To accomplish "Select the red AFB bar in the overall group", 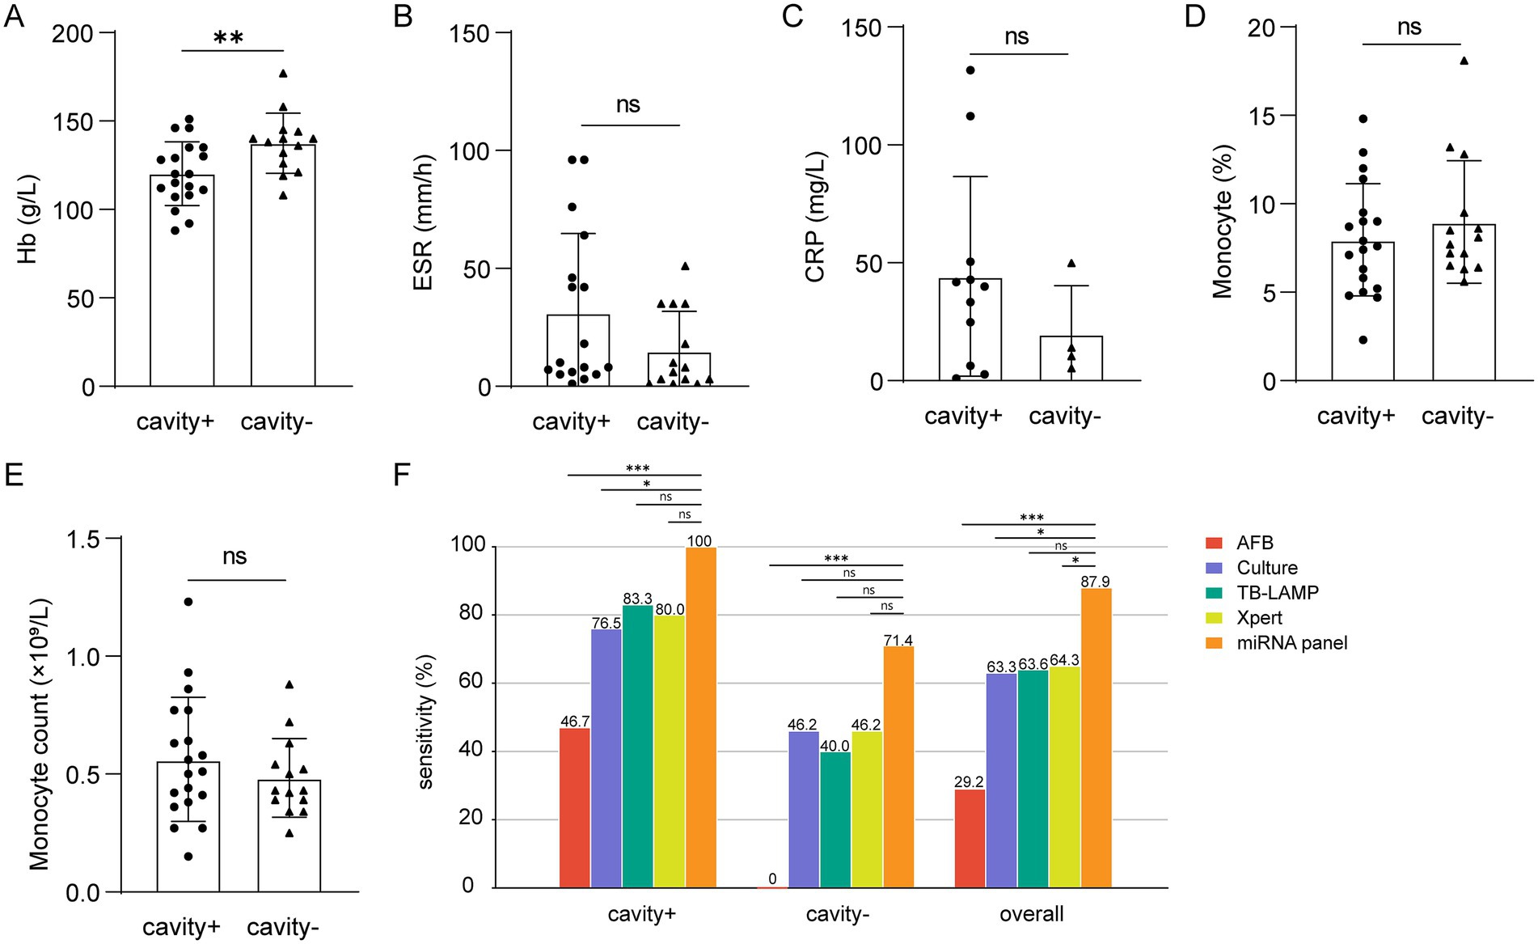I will (x=970, y=838).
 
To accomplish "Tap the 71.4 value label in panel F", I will (x=898, y=641).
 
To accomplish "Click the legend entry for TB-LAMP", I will (x=1278, y=593).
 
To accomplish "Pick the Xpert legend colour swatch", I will (x=1213, y=618).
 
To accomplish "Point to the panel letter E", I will (x=14, y=475).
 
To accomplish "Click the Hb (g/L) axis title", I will (x=29, y=219).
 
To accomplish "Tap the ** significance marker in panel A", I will (x=229, y=38).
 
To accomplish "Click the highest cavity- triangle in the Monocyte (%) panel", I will (x=1464, y=61).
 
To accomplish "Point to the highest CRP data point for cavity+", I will (x=970, y=70).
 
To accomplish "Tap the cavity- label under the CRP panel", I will (x=1064, y=417).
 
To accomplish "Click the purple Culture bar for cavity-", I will (x=803, y=809).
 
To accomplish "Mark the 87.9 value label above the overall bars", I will (x=1096, y=582).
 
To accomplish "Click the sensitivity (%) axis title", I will (x=426, y=721).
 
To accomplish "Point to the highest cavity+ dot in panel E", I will (x=188, y=602).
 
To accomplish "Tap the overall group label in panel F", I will (x=1031, y=915).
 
